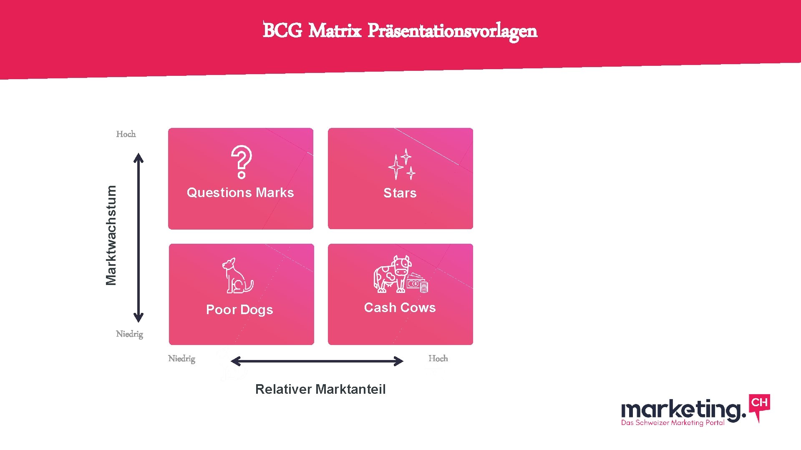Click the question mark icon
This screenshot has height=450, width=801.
point(242,162)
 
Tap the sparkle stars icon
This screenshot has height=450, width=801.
point(401,165)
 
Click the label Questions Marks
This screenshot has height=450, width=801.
point(240,192)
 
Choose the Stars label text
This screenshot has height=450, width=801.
point(400,193)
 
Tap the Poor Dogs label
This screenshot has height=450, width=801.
point(239,310)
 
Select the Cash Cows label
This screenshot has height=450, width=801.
point(400,307)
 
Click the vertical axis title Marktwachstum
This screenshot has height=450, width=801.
point(111,235)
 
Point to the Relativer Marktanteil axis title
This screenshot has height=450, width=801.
point(320,389)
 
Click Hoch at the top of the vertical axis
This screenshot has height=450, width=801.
point(126,134)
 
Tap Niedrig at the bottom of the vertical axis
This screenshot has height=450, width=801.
point(129,334)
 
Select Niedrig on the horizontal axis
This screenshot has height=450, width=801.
point(181,359)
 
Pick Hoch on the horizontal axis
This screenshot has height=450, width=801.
point(438,359)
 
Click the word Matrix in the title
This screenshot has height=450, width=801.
point(335,31)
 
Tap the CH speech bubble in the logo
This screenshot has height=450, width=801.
point(759,404)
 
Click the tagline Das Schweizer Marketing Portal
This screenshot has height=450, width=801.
point(673,422)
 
